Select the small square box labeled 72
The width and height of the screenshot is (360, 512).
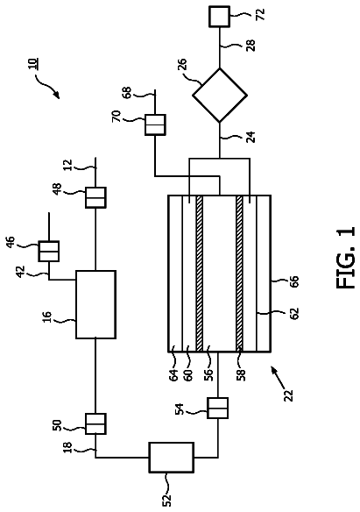click(220, 17)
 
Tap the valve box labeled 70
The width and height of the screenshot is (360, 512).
click(155, 124)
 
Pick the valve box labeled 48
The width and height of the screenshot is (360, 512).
click(95, 197)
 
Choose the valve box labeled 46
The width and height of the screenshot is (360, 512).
click(49, 251)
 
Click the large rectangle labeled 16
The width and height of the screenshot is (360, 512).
click(95, 304)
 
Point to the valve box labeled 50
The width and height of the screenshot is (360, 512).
click(95, 423)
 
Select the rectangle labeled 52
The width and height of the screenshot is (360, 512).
click(172, 457)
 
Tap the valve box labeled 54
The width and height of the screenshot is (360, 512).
click(218, 408)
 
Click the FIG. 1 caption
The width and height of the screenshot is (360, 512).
click(345, 258)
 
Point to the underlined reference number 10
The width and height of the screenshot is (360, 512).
click(32, 63)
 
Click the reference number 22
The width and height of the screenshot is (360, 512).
click(288, 395)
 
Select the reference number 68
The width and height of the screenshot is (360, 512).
click(126, 92)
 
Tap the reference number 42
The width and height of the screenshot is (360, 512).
click(21, 272)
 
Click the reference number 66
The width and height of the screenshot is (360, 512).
click(293, 281)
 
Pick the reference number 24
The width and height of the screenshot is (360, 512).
click(251, 137)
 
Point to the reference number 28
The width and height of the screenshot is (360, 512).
click(251, 46)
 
